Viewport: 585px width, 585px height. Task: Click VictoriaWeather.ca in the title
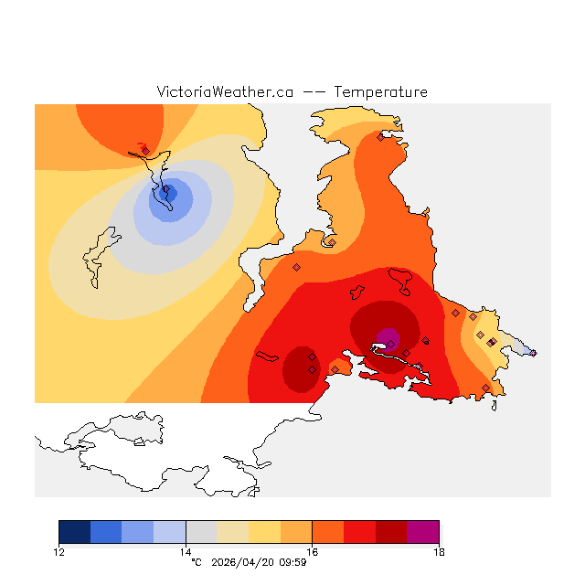click(225, 92)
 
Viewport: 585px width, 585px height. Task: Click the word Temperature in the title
click(380, 92)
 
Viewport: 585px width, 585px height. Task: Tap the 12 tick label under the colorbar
click(59, 551)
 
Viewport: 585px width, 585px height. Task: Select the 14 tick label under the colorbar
click(186, 551)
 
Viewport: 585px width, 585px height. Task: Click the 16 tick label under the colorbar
click(313, 551)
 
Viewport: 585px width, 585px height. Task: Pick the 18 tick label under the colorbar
click(439, 551)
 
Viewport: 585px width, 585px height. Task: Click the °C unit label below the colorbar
click(196, 562)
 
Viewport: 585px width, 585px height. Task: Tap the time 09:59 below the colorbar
click(292, 562)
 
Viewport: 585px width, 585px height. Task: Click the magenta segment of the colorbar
click(422, 532)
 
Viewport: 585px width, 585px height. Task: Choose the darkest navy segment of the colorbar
click(75, 532)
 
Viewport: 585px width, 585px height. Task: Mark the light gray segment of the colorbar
click(201, 532)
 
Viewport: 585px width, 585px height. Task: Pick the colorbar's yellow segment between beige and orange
click(264, 532)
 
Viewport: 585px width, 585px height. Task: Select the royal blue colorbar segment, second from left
click(106, 532)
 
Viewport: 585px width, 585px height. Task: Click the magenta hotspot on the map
click(388, 339)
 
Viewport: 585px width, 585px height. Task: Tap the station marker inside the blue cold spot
click(165, 192)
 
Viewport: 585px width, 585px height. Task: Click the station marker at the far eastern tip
click(533, 353)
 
